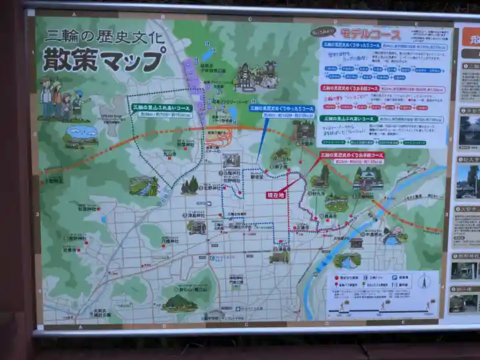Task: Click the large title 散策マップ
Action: click(x=103, y=60)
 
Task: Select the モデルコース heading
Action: click(x=371, y=33)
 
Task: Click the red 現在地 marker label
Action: click(x=275, y=195)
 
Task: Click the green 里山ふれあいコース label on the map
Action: click(x=161, y=110)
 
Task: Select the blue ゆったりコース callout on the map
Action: click(x=282, y=111)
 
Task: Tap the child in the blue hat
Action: click(x=79, y=103)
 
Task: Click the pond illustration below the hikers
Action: click(x=81, y=136)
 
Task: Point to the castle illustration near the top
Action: click(x=255, y=77)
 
